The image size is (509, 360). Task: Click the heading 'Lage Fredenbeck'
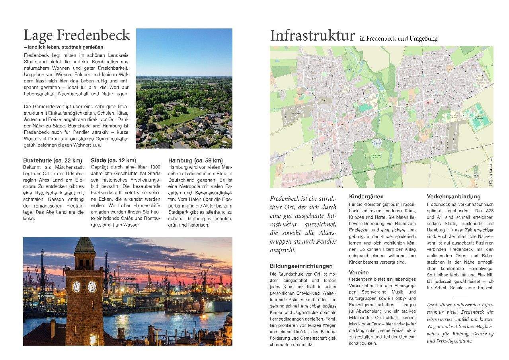point(76,35)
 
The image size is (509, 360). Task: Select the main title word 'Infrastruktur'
point(312,36)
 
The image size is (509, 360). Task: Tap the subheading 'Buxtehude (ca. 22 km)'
point(53,160)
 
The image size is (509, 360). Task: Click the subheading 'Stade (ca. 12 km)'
point(113,160)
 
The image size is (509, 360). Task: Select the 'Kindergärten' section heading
point(366,196)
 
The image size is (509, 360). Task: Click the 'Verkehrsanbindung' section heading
point(454,196)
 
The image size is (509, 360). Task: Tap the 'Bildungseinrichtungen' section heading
point(301,266)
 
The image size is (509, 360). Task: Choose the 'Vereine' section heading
point(359,272)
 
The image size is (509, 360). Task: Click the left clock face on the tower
point(76,286)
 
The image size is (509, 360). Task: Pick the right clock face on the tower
point(92,286)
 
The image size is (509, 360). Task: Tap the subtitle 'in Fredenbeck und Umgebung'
point(398,39)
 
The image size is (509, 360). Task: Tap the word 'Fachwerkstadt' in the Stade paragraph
point(108,193)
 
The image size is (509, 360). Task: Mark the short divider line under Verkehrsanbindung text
point(460,297)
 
